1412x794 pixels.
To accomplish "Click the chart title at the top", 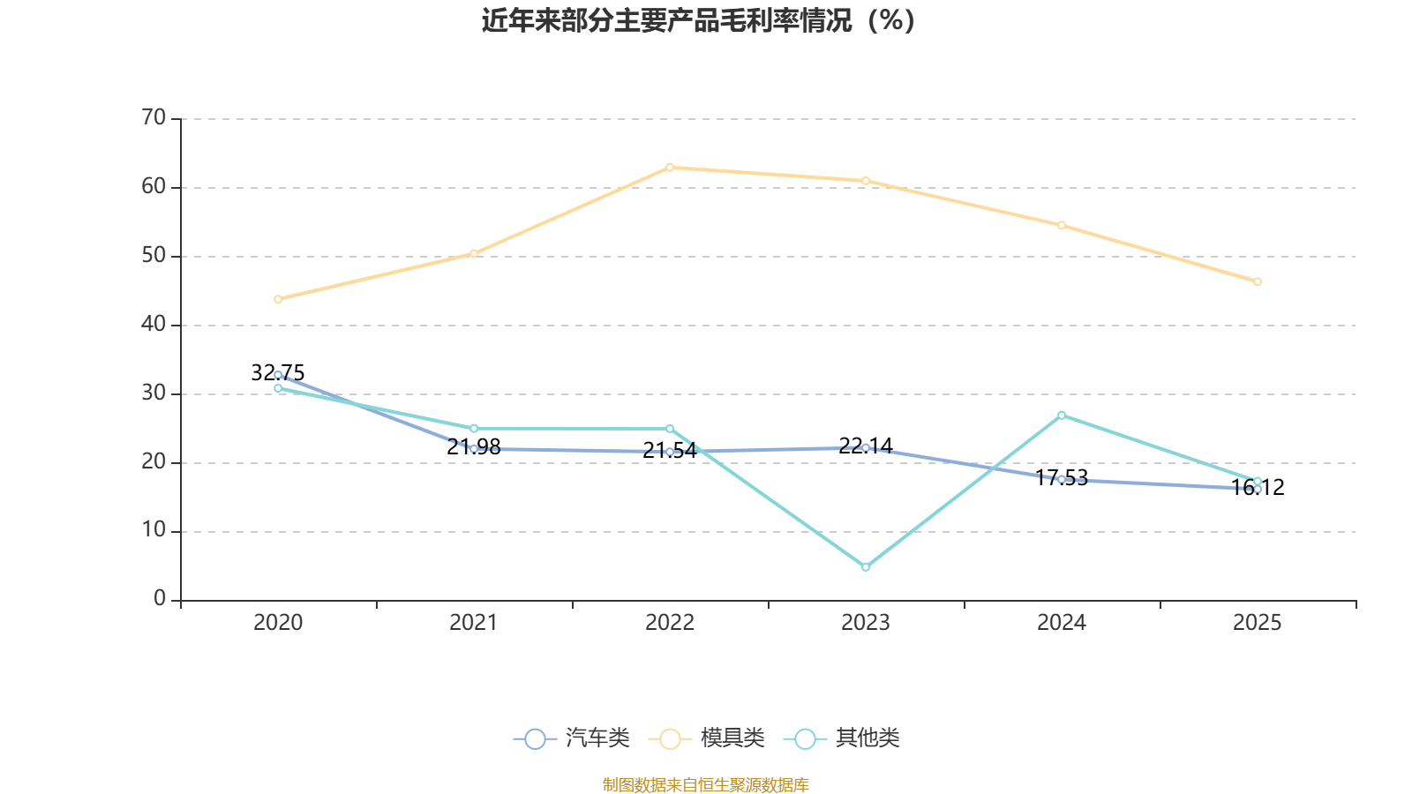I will [x=698, y=20].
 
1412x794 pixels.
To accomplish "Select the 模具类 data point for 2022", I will [x=670, y=167].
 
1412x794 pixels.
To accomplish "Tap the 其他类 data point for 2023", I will [x=866, y=567].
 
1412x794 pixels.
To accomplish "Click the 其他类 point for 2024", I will [x=1062, y=415].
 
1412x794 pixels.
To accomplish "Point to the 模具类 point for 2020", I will [x=278, y=299].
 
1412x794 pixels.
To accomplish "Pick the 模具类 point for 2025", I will [x=1258, y=281].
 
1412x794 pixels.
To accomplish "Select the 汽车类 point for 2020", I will [x=278, y=375].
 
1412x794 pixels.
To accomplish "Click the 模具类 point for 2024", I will [x=1062, y=225].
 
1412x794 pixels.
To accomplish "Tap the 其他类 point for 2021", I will [x=474, y=429].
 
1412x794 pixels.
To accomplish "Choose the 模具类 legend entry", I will [x=707, y=738].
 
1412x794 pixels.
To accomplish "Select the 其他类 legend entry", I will [x=842, y=738].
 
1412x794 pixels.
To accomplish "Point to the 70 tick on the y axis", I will [x=154, y=117].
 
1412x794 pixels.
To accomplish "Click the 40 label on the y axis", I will [x=154, y=324].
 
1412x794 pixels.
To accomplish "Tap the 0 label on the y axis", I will [x=160, y=599].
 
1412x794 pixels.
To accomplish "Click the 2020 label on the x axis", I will [x=278, y=623].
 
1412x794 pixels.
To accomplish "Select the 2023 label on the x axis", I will [x=866, y=623].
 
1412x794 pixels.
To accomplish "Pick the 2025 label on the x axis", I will [x=1258, y=623].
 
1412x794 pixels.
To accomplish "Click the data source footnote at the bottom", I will [x=706, y=784].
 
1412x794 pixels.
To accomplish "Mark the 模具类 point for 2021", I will [x=474, y=253].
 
